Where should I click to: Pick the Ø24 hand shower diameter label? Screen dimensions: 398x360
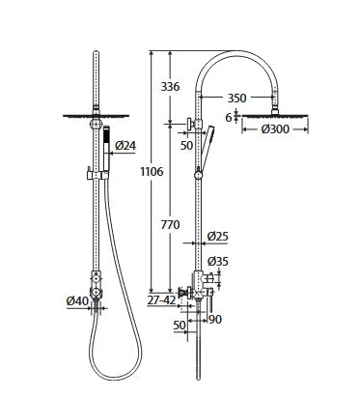click(125, 146)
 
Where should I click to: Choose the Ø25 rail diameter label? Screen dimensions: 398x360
click(219, 237)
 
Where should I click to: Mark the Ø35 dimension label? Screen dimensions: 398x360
click(219, 261)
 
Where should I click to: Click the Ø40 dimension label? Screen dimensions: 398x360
click(79, 302)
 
